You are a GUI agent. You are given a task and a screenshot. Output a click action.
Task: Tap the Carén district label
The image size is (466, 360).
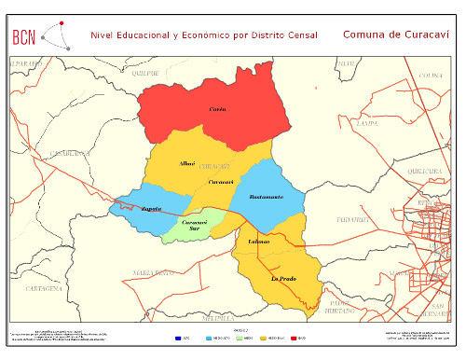tap(217, 109)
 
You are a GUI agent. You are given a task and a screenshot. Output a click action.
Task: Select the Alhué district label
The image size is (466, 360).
tap(186, 163)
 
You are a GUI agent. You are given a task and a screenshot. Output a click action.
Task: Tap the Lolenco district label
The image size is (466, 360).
tap(258, 242)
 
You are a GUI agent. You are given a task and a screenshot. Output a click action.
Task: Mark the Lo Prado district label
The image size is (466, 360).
tap(282, 279)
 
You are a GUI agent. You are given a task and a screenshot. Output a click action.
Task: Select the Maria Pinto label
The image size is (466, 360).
tap(153, 272)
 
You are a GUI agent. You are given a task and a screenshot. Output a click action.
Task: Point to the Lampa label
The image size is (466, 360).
tap(366, 122)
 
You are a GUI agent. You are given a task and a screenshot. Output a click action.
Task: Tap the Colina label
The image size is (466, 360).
tap(430, 75)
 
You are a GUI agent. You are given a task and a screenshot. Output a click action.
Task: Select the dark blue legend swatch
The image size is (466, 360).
tap(177, 337)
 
